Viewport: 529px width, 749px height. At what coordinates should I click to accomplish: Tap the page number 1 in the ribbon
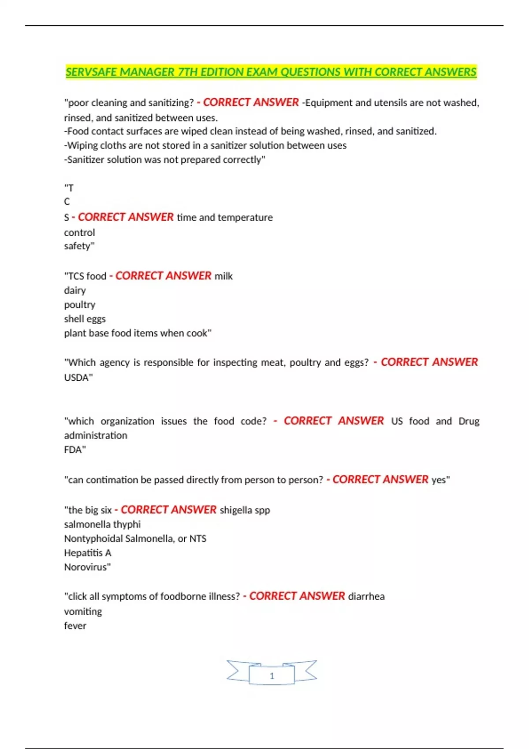coord(272,675)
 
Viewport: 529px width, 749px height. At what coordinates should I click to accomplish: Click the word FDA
coord(74,449)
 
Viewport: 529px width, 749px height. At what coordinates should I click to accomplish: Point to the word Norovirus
coord(86,567)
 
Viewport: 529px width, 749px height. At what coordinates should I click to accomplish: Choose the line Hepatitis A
coord(88,552)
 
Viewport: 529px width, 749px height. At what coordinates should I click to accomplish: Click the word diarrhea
coord(366,596)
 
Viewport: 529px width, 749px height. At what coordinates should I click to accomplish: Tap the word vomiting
coord(83,611)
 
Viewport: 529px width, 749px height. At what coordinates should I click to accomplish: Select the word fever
coord(75,626)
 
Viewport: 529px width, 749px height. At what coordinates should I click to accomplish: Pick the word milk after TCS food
coord(224,276)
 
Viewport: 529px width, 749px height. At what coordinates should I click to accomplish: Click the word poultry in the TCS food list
coord(80,304)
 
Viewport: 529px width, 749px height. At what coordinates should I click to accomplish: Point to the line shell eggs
coord(85,319)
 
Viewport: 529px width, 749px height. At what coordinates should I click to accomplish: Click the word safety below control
coord(79,246)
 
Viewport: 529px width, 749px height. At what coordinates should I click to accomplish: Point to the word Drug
coord(469,421)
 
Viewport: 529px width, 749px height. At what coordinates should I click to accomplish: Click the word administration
coord(96,435)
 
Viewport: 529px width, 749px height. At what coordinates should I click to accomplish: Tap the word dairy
coord(75,290)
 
